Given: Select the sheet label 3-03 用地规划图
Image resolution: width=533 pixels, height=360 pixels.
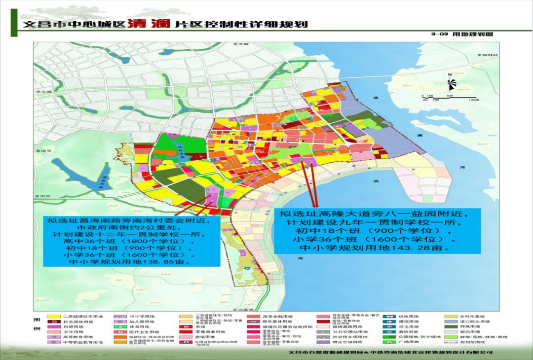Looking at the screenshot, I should coord(461,35).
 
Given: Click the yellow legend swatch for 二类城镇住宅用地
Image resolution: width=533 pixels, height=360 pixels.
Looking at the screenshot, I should coord(54,317).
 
